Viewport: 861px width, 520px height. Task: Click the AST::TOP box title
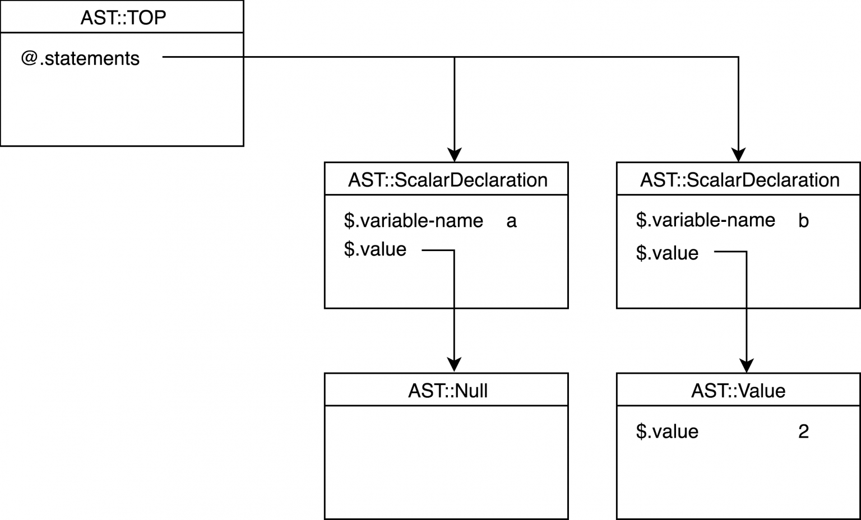123,17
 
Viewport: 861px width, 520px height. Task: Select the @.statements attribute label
80,58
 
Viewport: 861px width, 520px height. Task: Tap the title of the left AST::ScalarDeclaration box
447,180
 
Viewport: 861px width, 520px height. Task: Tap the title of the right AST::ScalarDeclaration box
739,180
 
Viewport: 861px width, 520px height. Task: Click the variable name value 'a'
511,221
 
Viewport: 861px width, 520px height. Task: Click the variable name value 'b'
803,221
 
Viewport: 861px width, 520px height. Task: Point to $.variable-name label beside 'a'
413,221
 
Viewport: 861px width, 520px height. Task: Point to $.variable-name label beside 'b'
705,220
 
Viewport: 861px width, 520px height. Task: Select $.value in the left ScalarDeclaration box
375,249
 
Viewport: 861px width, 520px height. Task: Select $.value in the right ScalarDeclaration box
667,253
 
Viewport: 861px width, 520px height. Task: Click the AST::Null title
447,391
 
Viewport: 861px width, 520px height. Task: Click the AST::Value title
738,391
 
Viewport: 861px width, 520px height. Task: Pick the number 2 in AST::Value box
803,431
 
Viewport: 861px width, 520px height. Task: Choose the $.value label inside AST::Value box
667,431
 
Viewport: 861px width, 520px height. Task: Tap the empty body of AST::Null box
446,462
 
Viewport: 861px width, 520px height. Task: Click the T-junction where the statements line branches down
455,57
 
